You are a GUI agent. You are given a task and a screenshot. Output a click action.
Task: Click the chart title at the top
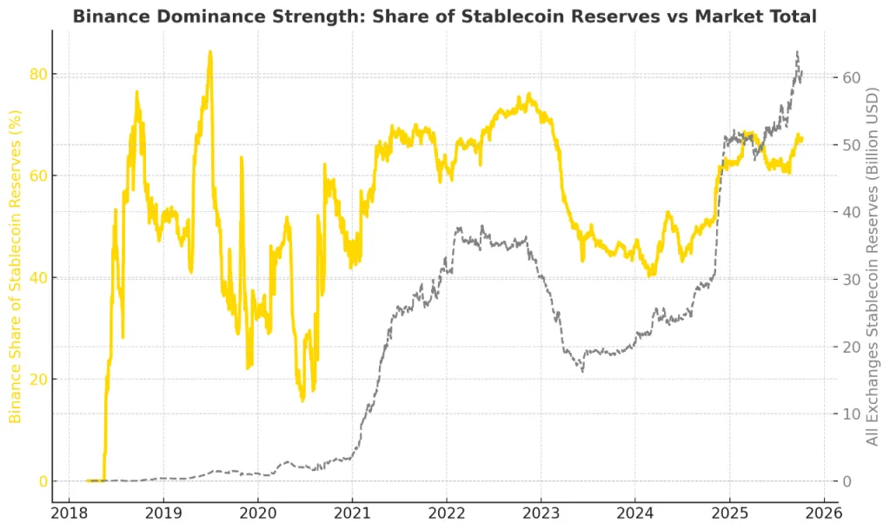(x=444, y=17)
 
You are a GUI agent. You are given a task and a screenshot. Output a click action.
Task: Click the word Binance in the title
(x=107, y=17)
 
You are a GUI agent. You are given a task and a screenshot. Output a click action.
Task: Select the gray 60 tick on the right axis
(x=853, y=78)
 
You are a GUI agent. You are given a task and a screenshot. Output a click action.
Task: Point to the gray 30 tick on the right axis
(x=853, y=280)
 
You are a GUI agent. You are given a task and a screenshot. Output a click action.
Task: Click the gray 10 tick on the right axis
(x=853, y=414)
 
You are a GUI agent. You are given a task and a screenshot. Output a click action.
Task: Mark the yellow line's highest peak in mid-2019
(x=209, y=51)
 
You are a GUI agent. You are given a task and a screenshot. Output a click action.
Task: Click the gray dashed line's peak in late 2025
(x=797, y=52)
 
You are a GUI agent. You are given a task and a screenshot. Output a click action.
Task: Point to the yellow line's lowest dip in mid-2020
(x=302, y=401)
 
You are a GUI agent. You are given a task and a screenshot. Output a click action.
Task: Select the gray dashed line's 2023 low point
(x=582, y=371)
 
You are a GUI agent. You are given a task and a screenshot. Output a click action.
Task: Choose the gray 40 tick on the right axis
(x=853, y=213)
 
